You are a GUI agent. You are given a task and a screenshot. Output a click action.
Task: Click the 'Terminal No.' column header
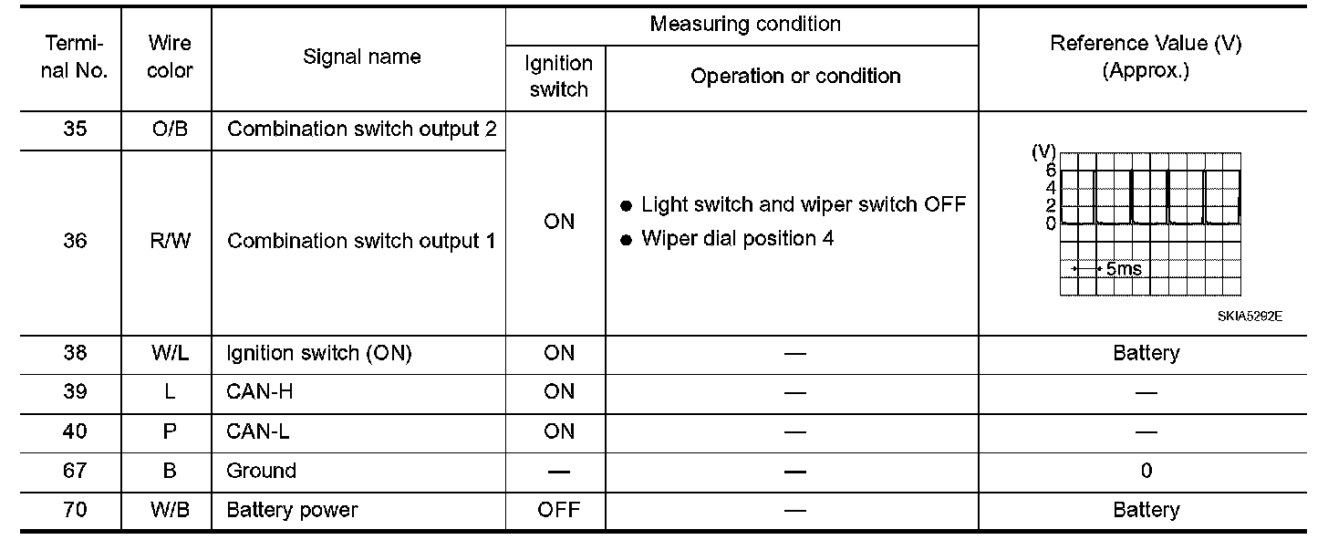[x=75, y=57]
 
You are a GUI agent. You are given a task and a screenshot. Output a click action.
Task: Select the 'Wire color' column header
[x=169, y=57]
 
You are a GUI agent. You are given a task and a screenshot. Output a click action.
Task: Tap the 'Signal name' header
[x=361, y=57]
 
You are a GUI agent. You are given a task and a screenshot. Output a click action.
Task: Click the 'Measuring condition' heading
[x=744, y=25]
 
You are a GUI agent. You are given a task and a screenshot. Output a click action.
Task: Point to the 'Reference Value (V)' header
[x=1146, y=44]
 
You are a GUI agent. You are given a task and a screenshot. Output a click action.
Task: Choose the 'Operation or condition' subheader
[x=795, y=77]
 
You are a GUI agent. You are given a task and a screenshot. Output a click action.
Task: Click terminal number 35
[x=76, y=130]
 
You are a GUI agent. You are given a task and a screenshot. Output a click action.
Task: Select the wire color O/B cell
[x=169, y=130]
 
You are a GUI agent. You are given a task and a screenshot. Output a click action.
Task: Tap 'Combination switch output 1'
[x=361, y=242]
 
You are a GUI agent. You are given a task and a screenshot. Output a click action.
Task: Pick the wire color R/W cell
[x=169, y=242]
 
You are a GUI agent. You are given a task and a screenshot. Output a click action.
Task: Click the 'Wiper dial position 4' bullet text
[x=737, y=239]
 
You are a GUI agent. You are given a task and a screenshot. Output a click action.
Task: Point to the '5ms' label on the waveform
[x=1122, y=269]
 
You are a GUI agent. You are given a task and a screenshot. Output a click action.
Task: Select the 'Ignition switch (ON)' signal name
[x=318, y=353]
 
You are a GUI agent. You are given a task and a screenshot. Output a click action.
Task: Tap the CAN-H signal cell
[x=260, y=391]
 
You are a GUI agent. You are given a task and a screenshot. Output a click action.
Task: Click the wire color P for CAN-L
[x=169, y=431]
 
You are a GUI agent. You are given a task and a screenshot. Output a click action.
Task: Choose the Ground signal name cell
[x=261, y=471]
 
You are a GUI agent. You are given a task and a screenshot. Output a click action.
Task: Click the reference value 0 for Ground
[x=1146, y=471]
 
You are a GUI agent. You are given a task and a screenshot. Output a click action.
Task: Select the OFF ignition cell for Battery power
[x=558, y=510]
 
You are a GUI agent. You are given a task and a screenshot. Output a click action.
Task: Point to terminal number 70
[x=76, y=510]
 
